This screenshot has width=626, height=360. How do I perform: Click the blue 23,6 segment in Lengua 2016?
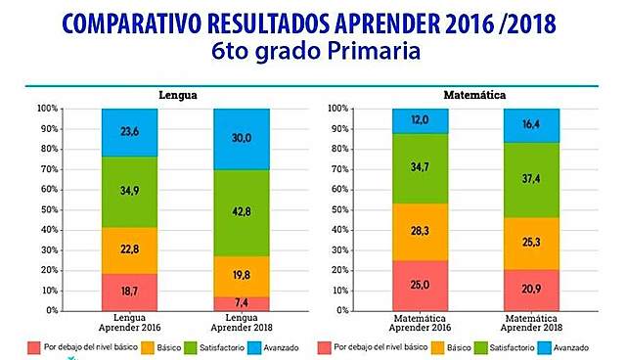129,132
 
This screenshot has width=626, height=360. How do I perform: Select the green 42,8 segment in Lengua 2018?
241,211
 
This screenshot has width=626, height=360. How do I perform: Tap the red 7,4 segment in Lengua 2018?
241,303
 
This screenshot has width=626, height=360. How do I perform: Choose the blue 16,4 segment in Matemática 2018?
531,124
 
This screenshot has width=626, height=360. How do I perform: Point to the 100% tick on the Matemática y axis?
338,109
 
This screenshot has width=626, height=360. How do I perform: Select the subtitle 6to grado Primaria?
313,52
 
